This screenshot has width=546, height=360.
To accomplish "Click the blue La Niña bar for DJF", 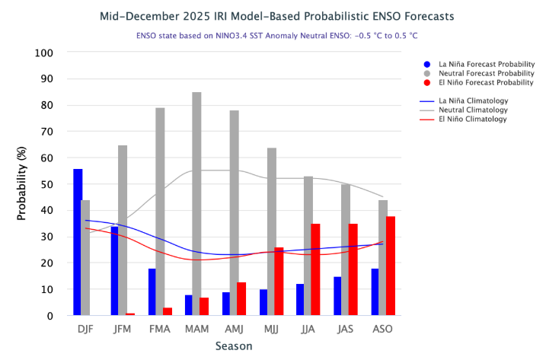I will [78, 242].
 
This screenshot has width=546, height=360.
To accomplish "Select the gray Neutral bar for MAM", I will [196, 203].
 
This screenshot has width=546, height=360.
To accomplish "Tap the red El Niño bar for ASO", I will [391, 266].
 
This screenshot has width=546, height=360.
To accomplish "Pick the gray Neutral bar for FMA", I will [160, 212].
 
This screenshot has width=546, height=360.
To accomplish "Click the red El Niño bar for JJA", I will [316, 269].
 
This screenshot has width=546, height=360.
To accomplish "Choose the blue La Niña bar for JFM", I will [115, 271].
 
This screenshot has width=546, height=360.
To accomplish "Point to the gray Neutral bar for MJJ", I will [271, 231].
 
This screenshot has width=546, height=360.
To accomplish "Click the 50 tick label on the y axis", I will [47, 184].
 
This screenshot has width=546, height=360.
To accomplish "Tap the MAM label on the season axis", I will [196, 329].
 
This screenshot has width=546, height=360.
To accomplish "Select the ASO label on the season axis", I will [382, 329].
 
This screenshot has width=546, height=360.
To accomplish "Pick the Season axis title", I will [233, 346].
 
